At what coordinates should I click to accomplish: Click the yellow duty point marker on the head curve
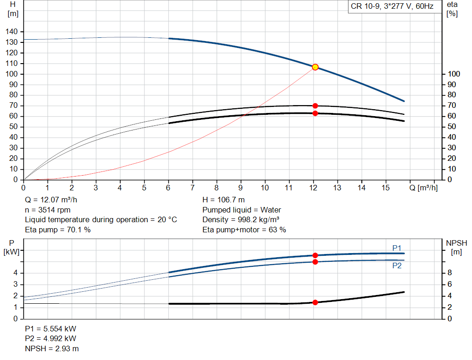click(x=315, y=67)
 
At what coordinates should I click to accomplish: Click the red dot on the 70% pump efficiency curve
click(x=315, y=106)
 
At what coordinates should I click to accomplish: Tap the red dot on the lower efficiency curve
click(x=315, y=113)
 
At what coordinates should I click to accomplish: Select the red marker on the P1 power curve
click(x=315, y=255)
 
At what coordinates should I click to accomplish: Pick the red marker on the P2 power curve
click(x=315, y=262)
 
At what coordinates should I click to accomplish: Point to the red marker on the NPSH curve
click(x=315, y=302)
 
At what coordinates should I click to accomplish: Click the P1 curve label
click(x=397, y=248)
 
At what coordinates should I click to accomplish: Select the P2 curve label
click(x=397, y=266)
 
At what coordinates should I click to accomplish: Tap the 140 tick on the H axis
click(x=12, y=32)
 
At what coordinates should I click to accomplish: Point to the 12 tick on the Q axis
click(x=313, y=188)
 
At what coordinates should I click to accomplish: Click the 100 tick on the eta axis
click(x=454, y=74)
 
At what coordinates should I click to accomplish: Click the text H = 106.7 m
click(x=224, y=200)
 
